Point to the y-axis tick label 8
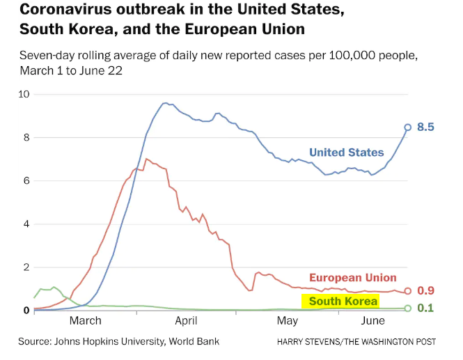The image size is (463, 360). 26,138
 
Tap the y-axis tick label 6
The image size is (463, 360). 26,181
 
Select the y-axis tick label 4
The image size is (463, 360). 26,224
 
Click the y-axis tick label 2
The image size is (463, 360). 26,267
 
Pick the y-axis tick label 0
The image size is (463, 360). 26,311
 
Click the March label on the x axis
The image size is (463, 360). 86,321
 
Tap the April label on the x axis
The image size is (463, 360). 187,321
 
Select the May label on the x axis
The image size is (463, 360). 288,321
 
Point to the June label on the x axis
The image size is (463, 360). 374,321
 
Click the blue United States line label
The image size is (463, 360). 346,152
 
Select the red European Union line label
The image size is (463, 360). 352,278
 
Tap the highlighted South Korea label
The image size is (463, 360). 343,302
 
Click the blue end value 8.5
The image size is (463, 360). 426,127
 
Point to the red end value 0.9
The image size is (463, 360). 425,291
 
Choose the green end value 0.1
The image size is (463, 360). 425,308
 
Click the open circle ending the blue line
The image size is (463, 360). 408,127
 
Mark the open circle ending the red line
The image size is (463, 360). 408,291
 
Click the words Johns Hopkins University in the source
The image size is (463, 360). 116,341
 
